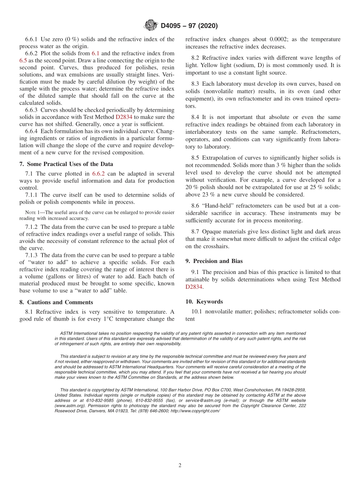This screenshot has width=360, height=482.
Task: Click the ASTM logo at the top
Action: point(151,25)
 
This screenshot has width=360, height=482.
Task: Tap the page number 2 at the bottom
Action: point(180,465)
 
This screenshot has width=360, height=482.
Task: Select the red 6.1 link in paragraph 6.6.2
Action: point(95,53)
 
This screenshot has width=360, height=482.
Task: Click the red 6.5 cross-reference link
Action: point(23,61)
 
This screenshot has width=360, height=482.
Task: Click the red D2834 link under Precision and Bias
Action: point(194,287)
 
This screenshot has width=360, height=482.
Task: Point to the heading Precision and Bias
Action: point(214,261)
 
